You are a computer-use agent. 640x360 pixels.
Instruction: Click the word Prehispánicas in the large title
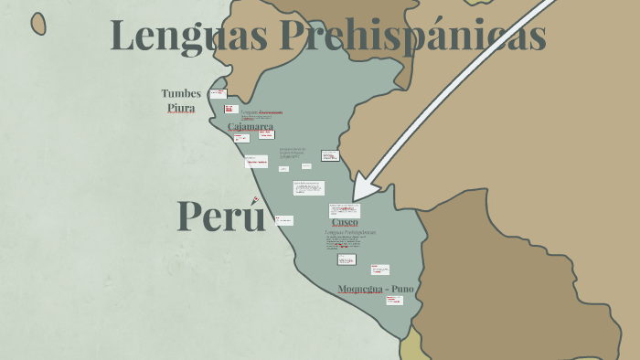tap(413, 36)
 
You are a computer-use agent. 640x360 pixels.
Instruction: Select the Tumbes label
tap(181, 93)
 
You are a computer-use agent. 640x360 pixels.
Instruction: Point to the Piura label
tap(181, 108)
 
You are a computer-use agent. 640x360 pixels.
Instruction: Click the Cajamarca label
tap(250, 126)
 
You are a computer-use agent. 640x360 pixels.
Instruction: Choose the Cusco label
tap(345, 222)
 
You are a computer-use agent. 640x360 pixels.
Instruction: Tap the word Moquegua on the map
tap(358, 289)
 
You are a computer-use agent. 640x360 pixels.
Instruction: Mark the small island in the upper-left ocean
tap(38, 24)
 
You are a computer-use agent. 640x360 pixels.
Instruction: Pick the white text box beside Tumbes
tap(218, 93)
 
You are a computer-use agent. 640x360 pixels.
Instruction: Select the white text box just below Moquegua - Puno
tap(394, 301)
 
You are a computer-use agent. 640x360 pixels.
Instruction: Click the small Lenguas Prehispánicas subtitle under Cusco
tap(350, 232)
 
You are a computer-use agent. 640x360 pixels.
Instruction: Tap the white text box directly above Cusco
tap(345, 210)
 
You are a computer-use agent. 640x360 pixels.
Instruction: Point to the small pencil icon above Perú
tap(255, 200)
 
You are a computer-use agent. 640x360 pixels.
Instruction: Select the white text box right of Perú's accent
tap(284, 220)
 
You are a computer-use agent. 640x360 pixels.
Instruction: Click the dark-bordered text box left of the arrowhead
tap(330, 155)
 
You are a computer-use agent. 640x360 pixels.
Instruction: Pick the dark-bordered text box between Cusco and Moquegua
tap(347, 259)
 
